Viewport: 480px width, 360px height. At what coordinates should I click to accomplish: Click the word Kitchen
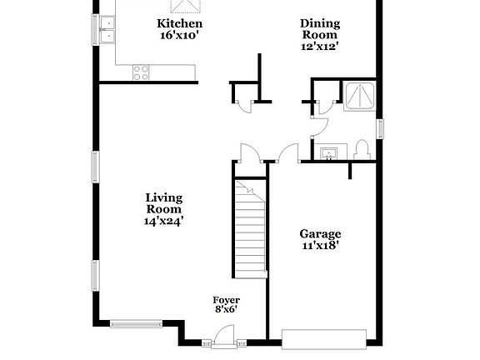point(180,23)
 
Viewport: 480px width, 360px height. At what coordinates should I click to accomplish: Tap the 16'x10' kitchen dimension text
point(180,35)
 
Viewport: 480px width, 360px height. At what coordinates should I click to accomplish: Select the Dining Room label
point(320,29)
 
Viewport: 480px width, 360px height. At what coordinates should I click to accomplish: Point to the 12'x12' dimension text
point(320,47)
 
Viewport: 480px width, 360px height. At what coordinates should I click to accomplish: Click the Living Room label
point(163,203)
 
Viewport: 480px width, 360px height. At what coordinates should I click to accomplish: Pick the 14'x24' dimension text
point(163,221)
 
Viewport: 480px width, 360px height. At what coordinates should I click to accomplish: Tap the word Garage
point(321,234)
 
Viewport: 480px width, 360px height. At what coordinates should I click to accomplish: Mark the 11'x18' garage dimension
point(321,246)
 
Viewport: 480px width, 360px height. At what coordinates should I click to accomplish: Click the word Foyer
point(226,300)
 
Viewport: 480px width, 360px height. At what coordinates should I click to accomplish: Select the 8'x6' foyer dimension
point(226,311)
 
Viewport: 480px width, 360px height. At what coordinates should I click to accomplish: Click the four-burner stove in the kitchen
point(141,72)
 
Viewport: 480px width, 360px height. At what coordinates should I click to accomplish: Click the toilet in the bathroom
point(362,150)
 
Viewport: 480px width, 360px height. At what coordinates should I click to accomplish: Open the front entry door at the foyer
point(222,337)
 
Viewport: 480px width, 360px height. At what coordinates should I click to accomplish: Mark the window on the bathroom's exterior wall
point(380,130)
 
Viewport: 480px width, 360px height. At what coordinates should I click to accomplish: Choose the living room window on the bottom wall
point(136,323)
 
